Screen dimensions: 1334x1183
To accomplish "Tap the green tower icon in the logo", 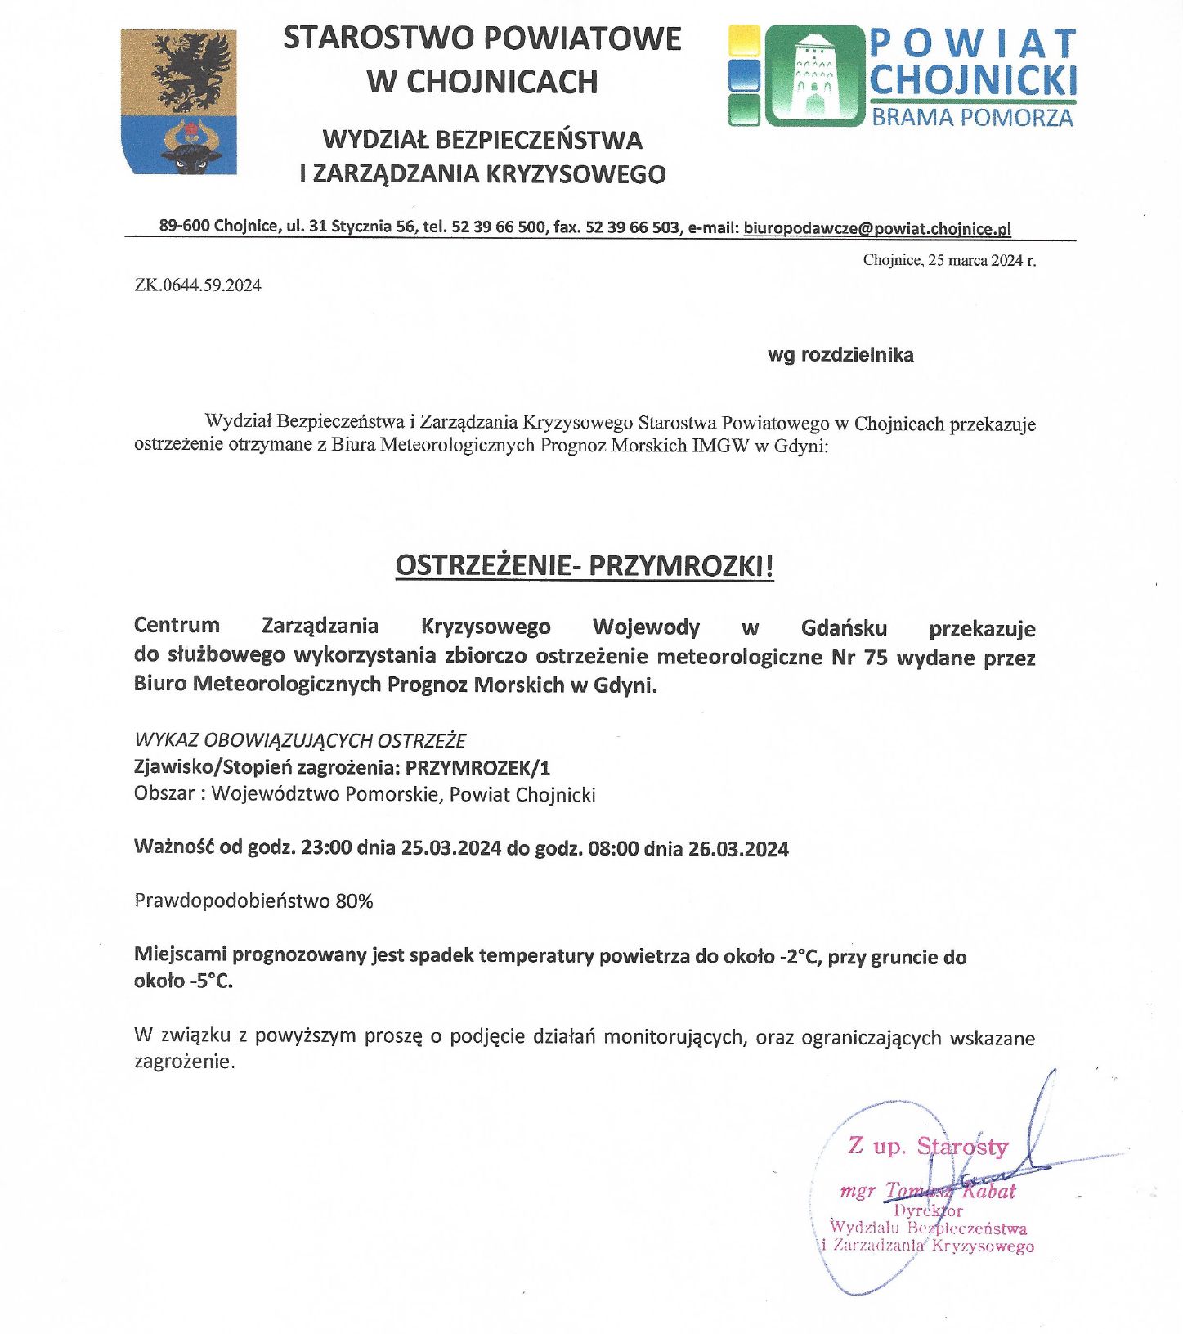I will pos(813,75).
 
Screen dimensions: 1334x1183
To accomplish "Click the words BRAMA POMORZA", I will pos(972,118).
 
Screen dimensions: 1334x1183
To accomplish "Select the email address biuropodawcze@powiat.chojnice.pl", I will pos(877,228).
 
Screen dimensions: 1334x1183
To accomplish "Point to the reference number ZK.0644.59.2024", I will pos(198,285).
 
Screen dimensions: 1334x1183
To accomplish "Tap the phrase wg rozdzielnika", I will pos(840,355).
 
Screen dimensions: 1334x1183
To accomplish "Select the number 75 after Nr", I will pos(875,658).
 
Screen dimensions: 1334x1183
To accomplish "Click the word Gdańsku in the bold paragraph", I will pos(844,628).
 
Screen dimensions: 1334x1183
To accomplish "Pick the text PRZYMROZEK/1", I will pos(477,767).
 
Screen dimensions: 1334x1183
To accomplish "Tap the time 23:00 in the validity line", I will pos(326,847).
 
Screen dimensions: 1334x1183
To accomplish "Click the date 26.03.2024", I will pos(738,849).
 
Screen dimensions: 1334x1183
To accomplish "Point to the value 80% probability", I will pos(354,901).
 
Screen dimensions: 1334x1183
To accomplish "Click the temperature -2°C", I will pos(799,957).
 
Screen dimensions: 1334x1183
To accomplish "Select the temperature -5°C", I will pos(211,981).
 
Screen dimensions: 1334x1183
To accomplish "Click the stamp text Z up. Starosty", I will pos(927,1146).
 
